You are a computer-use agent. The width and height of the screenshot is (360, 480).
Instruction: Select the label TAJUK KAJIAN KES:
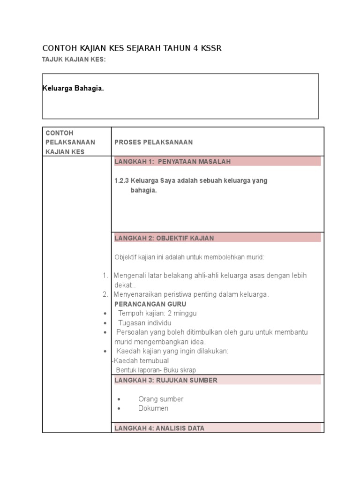[74, 59]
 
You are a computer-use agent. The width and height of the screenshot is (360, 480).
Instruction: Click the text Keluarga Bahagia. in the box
[73, 89]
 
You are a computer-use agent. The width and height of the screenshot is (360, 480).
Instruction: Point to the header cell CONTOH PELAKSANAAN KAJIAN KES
[70, 142]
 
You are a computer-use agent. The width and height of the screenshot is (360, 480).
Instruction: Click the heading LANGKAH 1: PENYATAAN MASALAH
[172, 162]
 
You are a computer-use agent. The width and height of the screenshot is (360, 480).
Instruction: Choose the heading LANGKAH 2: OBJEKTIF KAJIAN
[164, 238]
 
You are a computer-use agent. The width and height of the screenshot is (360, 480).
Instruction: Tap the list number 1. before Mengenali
[105, 276]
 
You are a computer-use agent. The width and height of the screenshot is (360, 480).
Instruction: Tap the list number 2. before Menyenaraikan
[105, 294]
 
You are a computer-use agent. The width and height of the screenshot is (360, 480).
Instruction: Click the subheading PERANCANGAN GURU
[150, 304]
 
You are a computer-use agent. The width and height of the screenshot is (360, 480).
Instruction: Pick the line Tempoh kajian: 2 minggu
[157, 313]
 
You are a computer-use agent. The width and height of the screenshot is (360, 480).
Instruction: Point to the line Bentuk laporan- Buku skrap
[156, 370]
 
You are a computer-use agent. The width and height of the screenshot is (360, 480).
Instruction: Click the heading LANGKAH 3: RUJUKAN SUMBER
[166, 380]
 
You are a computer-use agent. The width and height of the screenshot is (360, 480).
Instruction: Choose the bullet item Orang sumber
[161, 399]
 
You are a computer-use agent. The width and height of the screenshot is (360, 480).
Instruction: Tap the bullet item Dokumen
[153, 408]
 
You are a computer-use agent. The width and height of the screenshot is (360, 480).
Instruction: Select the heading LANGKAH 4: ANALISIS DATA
[159, 428]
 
